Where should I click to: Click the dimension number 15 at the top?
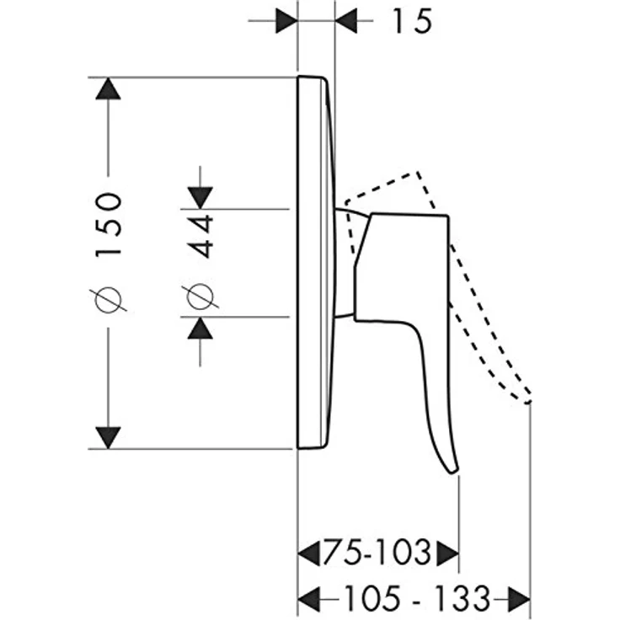(x=412, y=21)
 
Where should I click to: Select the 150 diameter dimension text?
(x=108, y=225)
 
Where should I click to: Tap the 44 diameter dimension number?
(x=200, y=236)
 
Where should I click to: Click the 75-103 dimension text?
(x=377, y=552)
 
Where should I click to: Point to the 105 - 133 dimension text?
(x=418, y=597)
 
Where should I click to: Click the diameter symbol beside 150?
(x=108, y=298)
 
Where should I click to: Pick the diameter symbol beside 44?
(x=200, y=297)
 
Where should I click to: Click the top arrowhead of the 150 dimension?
(x=108, y=88)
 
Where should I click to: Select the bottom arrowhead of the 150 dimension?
(x=108, y=438)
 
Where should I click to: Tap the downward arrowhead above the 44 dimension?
(x=200, y=197)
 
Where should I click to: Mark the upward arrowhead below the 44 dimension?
(x=200, y=329)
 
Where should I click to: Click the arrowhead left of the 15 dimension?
(x=286, y=19)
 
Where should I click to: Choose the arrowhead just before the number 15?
(x=346, y=19)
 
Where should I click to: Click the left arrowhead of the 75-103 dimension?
(x=309, y=552)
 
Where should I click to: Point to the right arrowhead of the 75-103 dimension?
(x=447, y=552)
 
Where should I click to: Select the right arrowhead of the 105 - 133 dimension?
(x=519, y=598)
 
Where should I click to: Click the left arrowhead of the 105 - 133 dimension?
(x=309, y=598)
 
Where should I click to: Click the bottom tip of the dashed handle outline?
(x=527, y=403)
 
